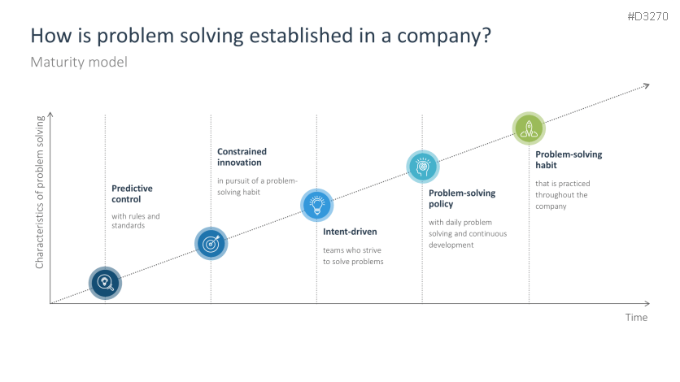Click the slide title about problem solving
click(x=260, y=37)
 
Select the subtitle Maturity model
click(x=79, y=62)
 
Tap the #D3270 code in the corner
click(x=647, y=16)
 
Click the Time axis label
click(x=636, y=317)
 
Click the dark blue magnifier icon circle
click(x=105, y=283)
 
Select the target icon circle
click(x=211, y=243)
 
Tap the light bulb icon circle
click(x=316, y=204)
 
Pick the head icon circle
click(x=422, y=165)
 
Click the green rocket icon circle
click(x=529, y=127)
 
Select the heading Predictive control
click(x=132, y=193)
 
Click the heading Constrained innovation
click(x=242, y=157)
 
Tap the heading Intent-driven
click(x=350, y=232)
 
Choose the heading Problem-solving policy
click(x=462, y=198)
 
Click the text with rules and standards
click(x=136, y=220)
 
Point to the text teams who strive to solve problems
click(x=353, y=256)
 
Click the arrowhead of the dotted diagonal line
click(x=647, y=85)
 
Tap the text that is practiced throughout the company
click(x=563, y=195)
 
